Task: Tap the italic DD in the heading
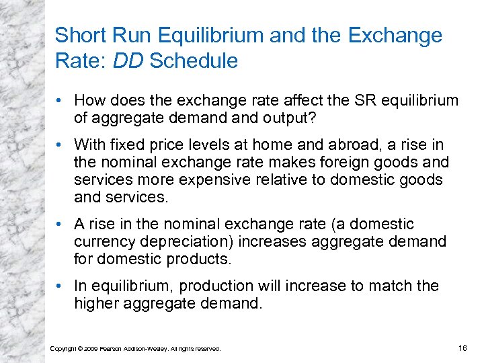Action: pyautogui.click(x=129, y=61)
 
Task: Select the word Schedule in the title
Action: pyautogui.click(x=194, y=61)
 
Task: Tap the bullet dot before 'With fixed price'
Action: pyautogui.click(x=61, y=145)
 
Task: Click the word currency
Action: pyautogui.click(x=102, y=241)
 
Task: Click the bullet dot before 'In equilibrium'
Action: pyautogui.click(x=61, y=286)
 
